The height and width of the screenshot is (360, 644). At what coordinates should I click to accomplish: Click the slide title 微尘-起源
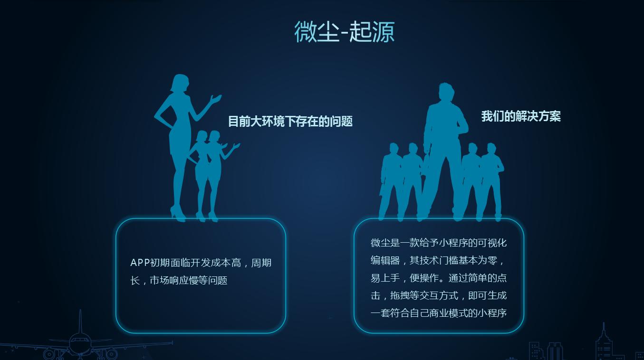point(344,32)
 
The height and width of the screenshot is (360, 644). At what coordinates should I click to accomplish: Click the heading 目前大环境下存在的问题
point(290,122)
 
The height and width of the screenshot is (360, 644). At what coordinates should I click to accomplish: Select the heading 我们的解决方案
point(521,116)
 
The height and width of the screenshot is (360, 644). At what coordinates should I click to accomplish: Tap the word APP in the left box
point(140,263)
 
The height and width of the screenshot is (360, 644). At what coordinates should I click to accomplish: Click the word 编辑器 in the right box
point(385,261)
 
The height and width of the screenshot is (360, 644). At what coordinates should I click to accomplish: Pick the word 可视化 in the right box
point(493,243)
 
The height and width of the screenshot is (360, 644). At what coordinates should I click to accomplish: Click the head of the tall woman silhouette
point(179,84)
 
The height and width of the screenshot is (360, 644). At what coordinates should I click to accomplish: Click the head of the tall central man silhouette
point(445,93)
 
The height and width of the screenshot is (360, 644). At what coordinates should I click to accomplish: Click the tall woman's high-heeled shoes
point(178,214)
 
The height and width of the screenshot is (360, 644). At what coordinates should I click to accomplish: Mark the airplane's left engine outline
point(49,354)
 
